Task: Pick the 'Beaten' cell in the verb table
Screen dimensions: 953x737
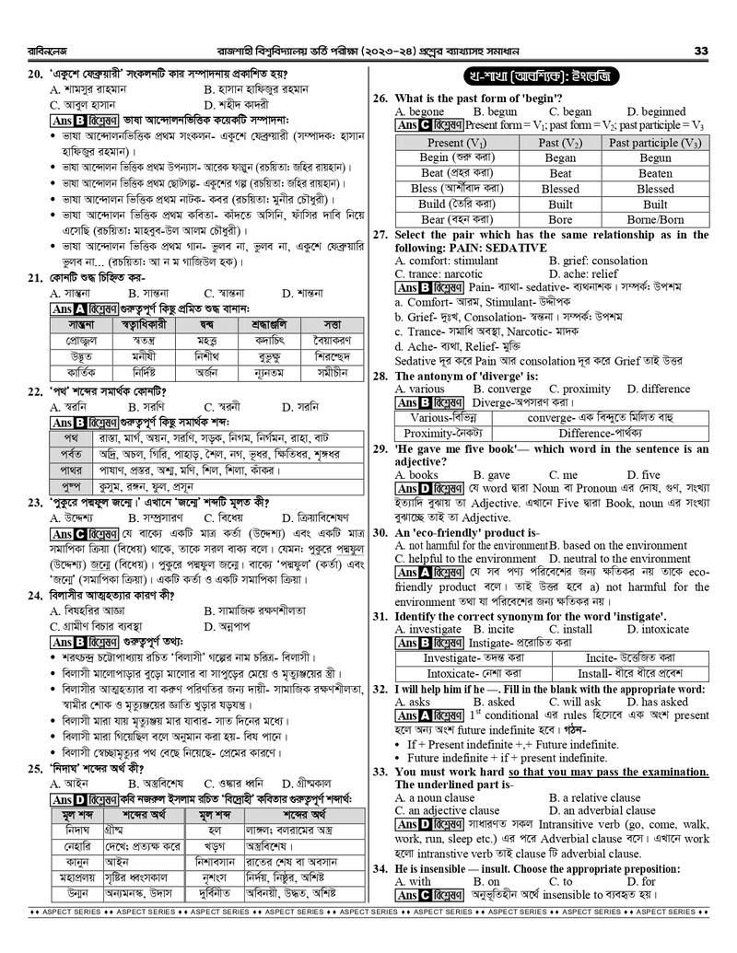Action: (x=655, y=173)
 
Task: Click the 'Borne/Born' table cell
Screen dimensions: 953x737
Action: (x=655, y=220)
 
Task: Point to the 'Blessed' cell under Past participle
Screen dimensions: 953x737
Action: (x=655, y=189)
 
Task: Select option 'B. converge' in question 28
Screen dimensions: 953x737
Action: (x=502, y=389)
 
